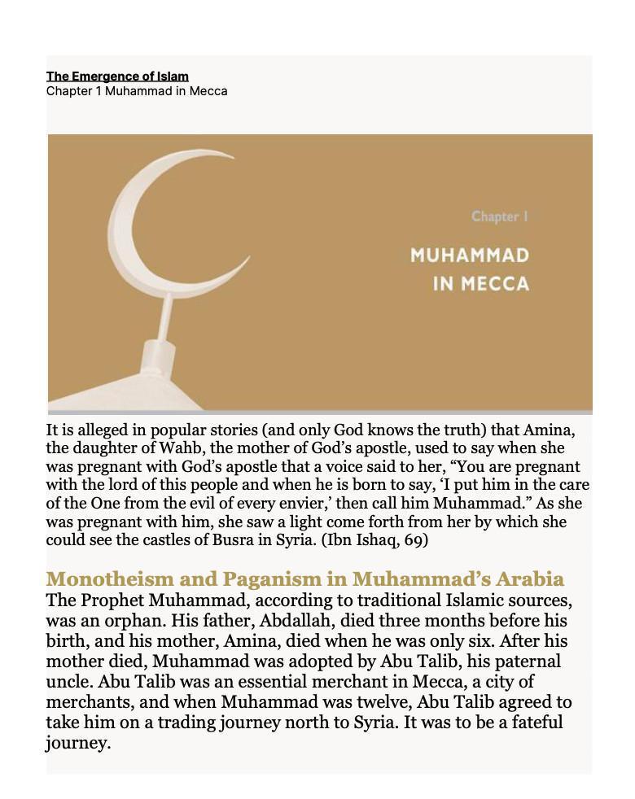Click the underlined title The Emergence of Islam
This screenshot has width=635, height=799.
click(117, 76)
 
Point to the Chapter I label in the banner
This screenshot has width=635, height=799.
click(500, 216)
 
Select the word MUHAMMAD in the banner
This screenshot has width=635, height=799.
click(470, 255)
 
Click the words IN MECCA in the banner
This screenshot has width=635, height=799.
click(481, 284)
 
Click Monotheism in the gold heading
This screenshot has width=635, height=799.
click(109, 579)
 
